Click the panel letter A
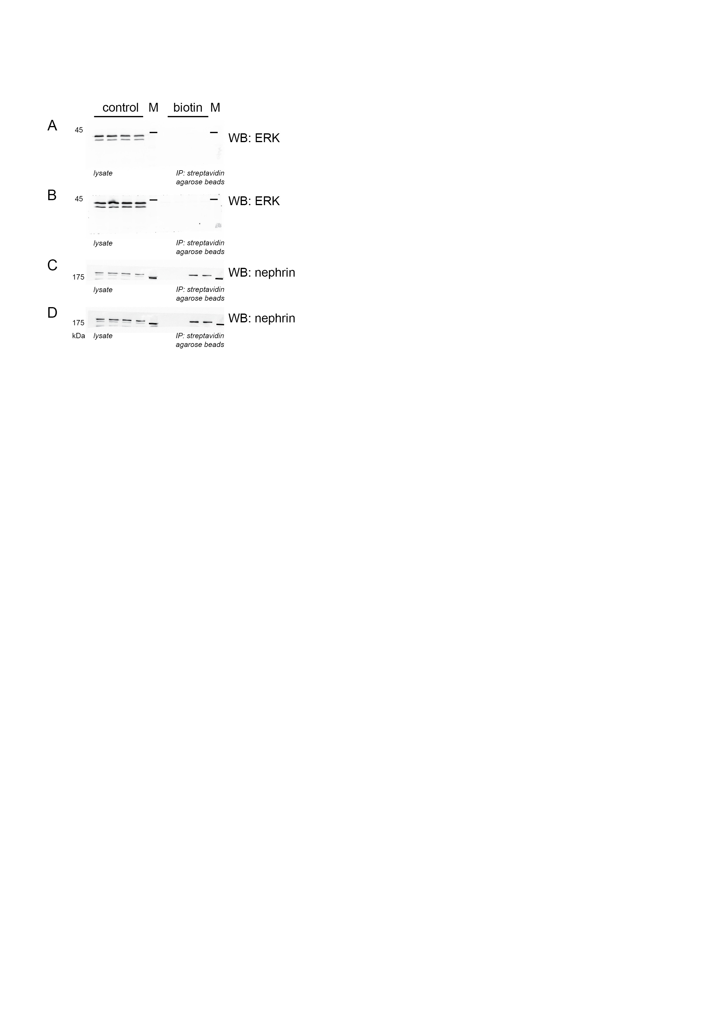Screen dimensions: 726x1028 (x=52, y=126)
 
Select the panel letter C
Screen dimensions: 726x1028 (x=52, y=265)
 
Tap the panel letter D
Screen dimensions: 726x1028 (x=52, y=312)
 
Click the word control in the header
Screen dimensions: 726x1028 (x=120, y=108)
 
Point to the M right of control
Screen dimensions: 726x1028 (x=153, y=108)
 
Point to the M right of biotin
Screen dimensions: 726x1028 (x=215, y=108)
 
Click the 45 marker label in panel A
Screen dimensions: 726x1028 (x=79, y=130)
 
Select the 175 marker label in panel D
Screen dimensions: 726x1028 (x=78, y=323)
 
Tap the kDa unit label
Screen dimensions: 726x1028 (x=78, y=336)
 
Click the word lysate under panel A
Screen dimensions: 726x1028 (x=103, y=173)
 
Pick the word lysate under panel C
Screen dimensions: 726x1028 (x=103, y=290)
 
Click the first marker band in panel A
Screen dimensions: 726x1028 (x=153, y=132)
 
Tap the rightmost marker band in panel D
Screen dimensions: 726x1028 (x=220, y=324)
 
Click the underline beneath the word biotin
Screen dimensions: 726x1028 (x=188, y=116)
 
